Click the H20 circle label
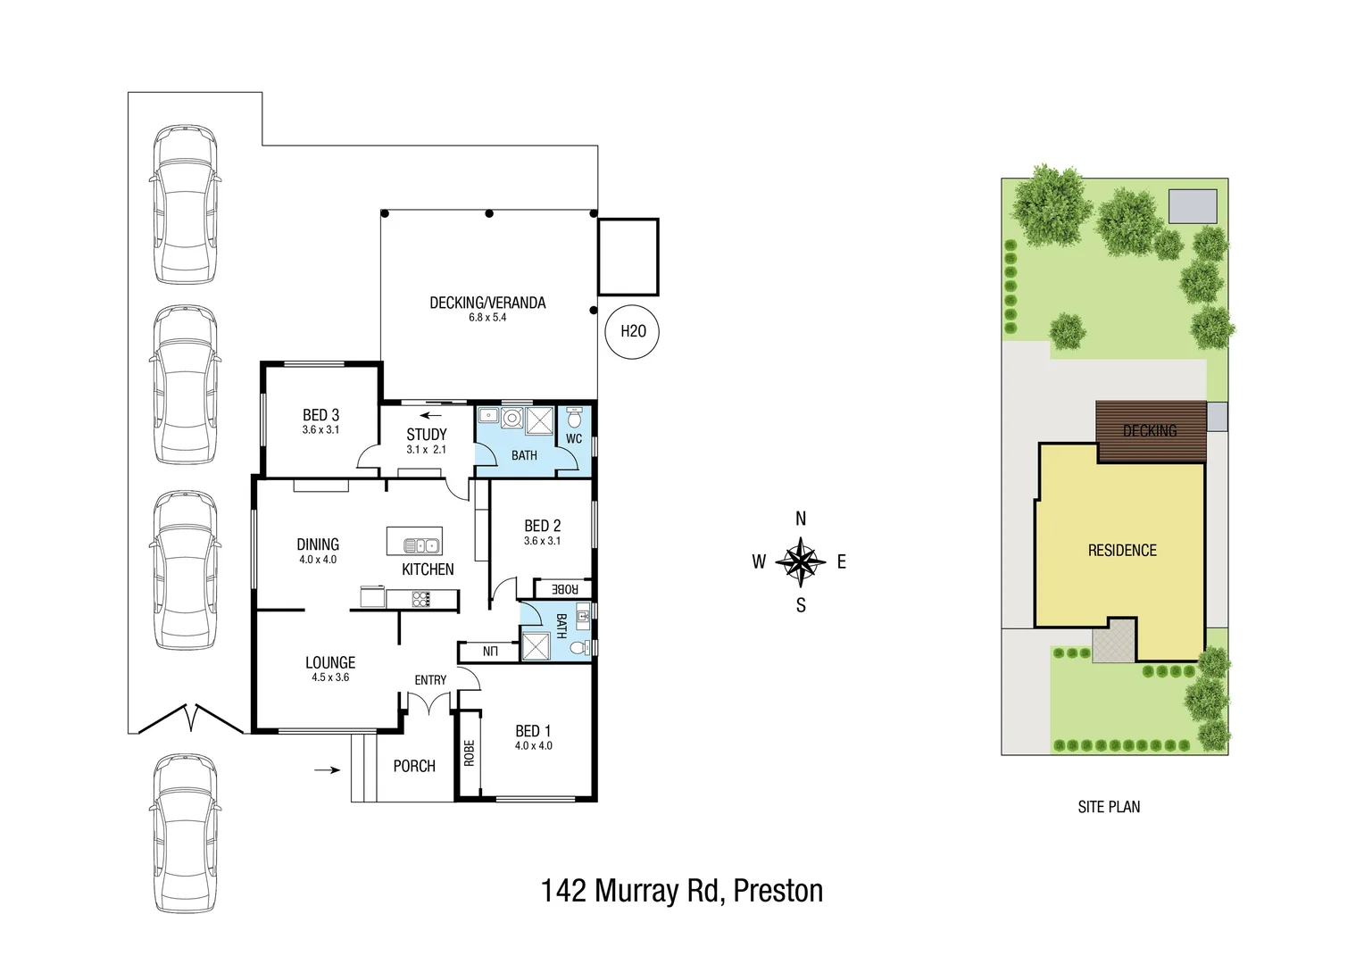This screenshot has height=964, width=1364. click(x=632, y=331)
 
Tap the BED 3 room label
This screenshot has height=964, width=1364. click(x=320, y=415)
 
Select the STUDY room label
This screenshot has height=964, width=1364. click(x=426, y=435)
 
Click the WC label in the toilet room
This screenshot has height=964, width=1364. click(x=574, y=438)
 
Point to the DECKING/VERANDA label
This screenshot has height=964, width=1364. click(x=487, y=303)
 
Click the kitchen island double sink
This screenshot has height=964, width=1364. click(x=422, y=544)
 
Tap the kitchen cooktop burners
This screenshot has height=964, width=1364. click(x=421, y=599)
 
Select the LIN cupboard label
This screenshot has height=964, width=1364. click(x=489, y=652)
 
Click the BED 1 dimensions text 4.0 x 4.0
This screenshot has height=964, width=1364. click(x=533, y=746)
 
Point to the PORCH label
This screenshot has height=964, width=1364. click(x=414, y=766)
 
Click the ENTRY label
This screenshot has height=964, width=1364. click(x=430, y=680)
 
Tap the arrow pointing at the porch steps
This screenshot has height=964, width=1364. click(x=328, y=769)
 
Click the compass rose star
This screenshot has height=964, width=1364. click(x=801, y=561)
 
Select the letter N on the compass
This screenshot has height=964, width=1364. click(x=801, y=519)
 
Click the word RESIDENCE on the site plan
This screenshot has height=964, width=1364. click(x=1122, y=551)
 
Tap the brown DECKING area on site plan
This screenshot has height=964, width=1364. click(x=1150, y=431)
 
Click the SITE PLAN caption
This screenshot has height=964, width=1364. click(x=1109, y=807)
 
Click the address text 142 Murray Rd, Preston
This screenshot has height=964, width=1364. click(x=682, y=891)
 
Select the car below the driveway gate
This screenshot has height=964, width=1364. click(x=184, y=835)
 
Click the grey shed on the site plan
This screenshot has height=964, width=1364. click(x=1193, y=206)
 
